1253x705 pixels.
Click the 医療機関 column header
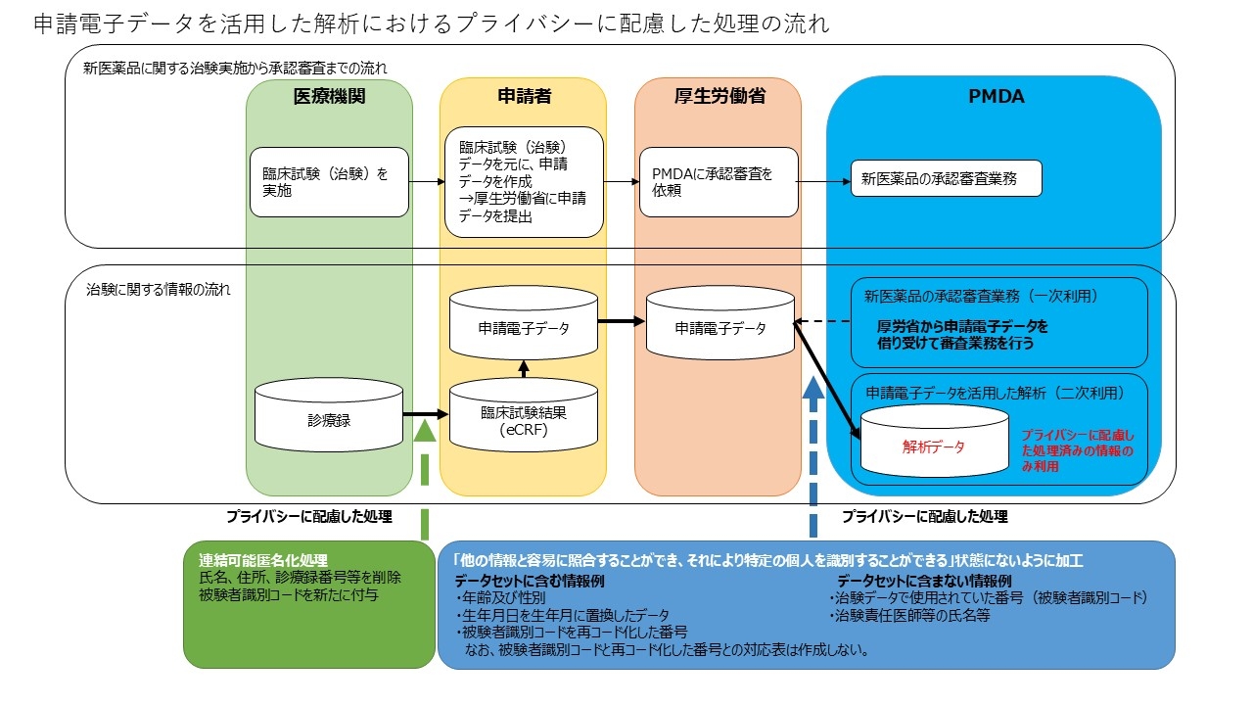329,97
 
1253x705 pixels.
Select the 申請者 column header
522,97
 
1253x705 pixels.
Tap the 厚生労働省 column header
718,97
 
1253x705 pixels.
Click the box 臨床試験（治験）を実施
329,182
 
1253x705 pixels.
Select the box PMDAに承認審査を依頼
718,182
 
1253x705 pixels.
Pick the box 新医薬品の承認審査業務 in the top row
946,179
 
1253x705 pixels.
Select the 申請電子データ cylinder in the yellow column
523,328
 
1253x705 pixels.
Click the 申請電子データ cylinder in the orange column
719,328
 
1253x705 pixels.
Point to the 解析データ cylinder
934,446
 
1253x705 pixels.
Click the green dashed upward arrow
425,480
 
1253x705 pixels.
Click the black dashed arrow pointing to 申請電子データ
822,321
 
